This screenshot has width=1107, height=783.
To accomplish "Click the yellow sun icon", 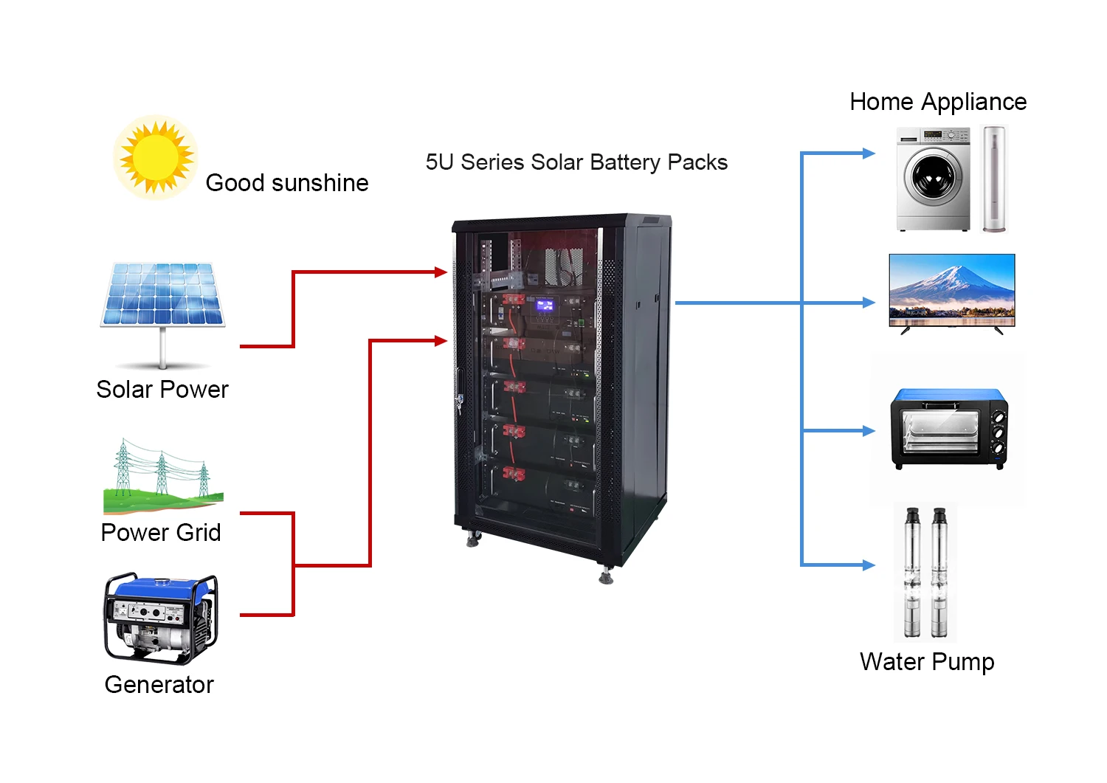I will pos(156,157).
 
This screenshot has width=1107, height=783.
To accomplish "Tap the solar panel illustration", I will pos(163,295).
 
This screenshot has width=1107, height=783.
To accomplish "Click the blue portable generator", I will pos(160,618).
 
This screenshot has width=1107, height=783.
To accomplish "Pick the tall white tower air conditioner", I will pos(994,179).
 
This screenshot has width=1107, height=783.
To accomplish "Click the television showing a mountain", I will pos(952,290).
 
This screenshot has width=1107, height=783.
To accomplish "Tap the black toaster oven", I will pos(949,428).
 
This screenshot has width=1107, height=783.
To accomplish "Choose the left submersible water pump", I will pos(912,571).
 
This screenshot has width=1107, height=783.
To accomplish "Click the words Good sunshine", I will pos(287,183).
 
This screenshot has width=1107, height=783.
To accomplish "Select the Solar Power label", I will pos(162,390).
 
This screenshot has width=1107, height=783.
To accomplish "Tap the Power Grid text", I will pos(161,533).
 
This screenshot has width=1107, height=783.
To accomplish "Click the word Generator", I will pos(159,685).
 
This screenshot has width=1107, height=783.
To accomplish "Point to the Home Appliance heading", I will pos(938,102).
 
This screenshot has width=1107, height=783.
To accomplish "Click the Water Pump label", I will pos(927,662).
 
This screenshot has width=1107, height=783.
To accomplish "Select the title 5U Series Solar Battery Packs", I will pos(576,162).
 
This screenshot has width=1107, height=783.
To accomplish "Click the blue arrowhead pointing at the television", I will pos(869,303).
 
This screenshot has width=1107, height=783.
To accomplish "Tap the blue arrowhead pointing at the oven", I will pos(869,431).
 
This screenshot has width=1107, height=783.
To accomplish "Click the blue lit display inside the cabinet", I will pos(545,304).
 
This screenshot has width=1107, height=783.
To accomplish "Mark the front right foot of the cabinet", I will pos(606,576).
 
